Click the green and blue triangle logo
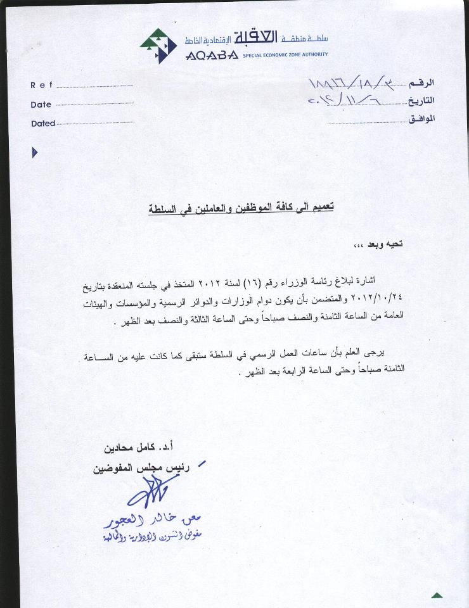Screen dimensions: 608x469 [158, 46]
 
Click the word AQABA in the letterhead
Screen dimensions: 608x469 [212, 55]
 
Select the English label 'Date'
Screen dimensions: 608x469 [41, 104]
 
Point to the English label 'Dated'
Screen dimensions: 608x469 [43, 123]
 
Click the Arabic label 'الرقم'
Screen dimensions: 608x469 [422, 84]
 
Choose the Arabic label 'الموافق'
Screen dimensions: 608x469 [420, 118]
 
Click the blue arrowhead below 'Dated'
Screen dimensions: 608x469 [35, 152]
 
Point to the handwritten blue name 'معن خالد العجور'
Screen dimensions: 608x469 [154, 521]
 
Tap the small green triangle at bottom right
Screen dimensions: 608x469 [437, 595]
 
